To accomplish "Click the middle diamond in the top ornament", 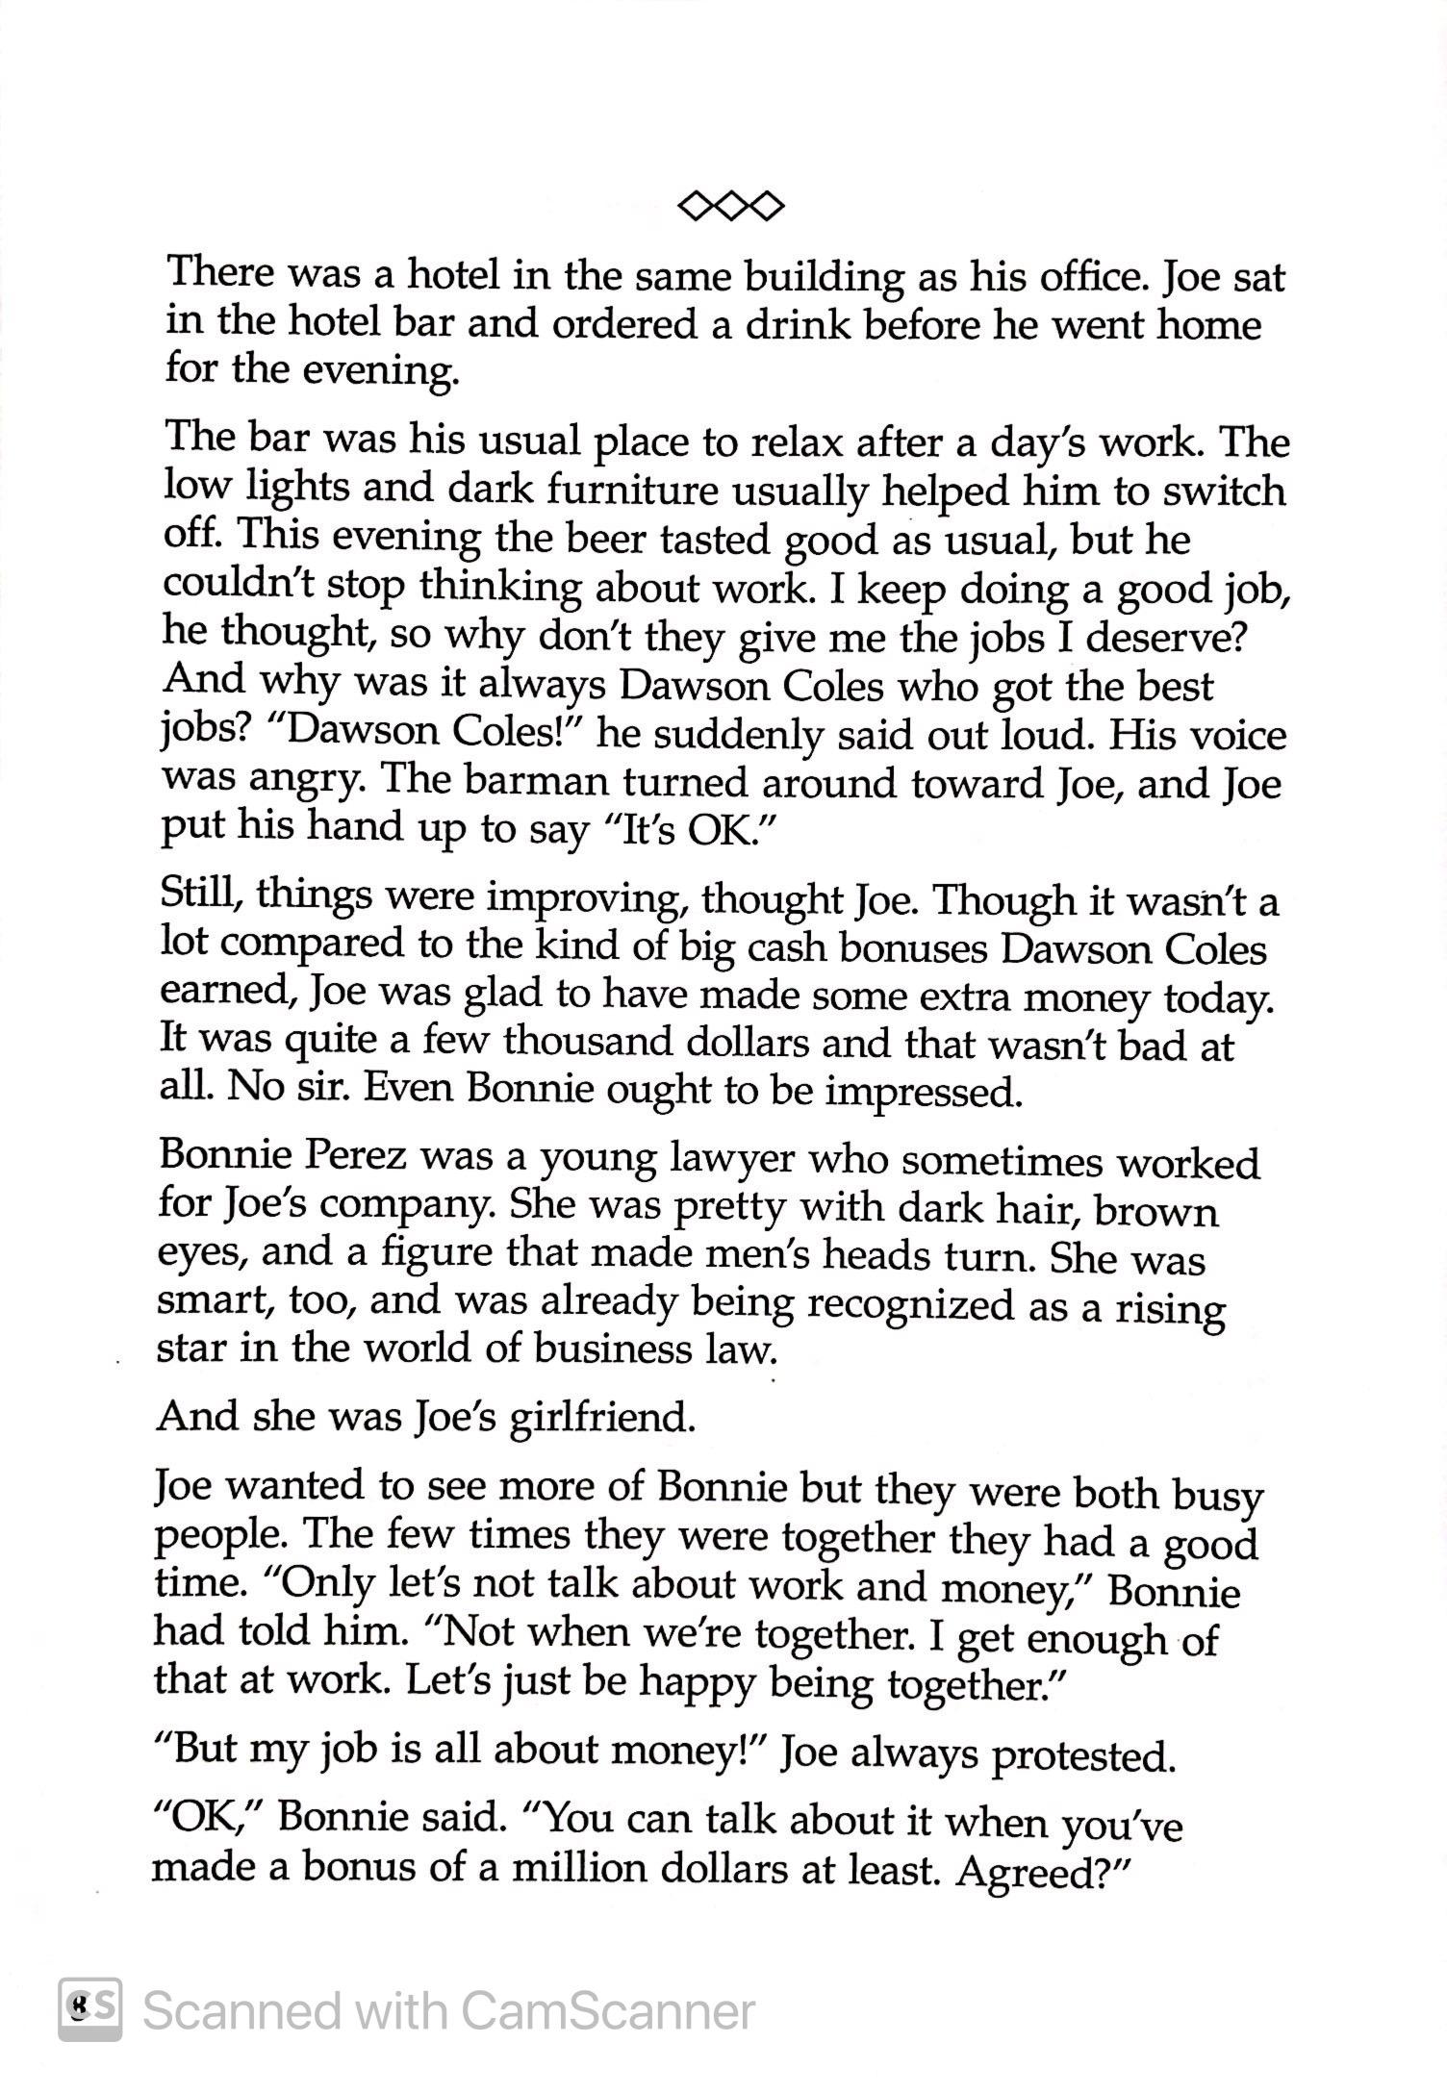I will (730, 205).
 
